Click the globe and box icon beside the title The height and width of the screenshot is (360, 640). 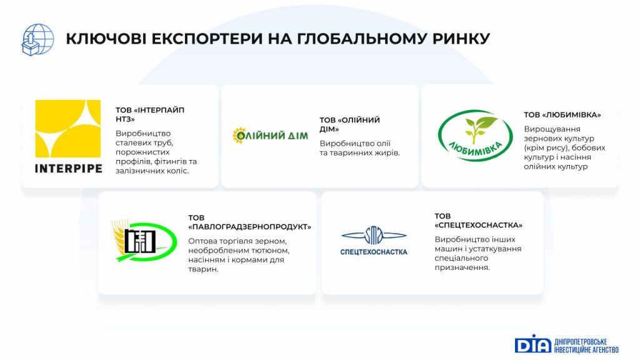[37, 39]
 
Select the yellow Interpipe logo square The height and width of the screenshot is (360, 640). [67, 129]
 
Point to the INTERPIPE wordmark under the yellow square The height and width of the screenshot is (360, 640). [69, 169]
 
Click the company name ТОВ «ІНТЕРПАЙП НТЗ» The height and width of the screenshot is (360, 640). [150, 115]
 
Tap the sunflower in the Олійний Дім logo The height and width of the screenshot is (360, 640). [239, 135]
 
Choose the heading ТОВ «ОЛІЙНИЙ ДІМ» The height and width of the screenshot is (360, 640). [349, 124]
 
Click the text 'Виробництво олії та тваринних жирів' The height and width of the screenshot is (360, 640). [359, 148]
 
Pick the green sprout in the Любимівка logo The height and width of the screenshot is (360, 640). [477, 130]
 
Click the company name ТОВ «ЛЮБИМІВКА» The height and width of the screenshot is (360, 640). [562, 115]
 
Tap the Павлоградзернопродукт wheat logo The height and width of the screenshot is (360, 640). [144, 241]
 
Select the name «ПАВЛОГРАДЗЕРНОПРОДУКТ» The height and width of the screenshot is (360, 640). [250, 227]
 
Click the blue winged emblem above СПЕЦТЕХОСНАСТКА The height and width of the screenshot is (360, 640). [374, 236]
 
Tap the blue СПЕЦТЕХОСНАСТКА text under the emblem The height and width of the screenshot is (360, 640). [374, 252]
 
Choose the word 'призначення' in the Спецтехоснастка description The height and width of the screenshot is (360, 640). [462, 267]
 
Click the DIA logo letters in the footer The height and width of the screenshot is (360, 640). [532, 344]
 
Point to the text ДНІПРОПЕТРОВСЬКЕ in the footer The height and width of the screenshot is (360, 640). [581, 342]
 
